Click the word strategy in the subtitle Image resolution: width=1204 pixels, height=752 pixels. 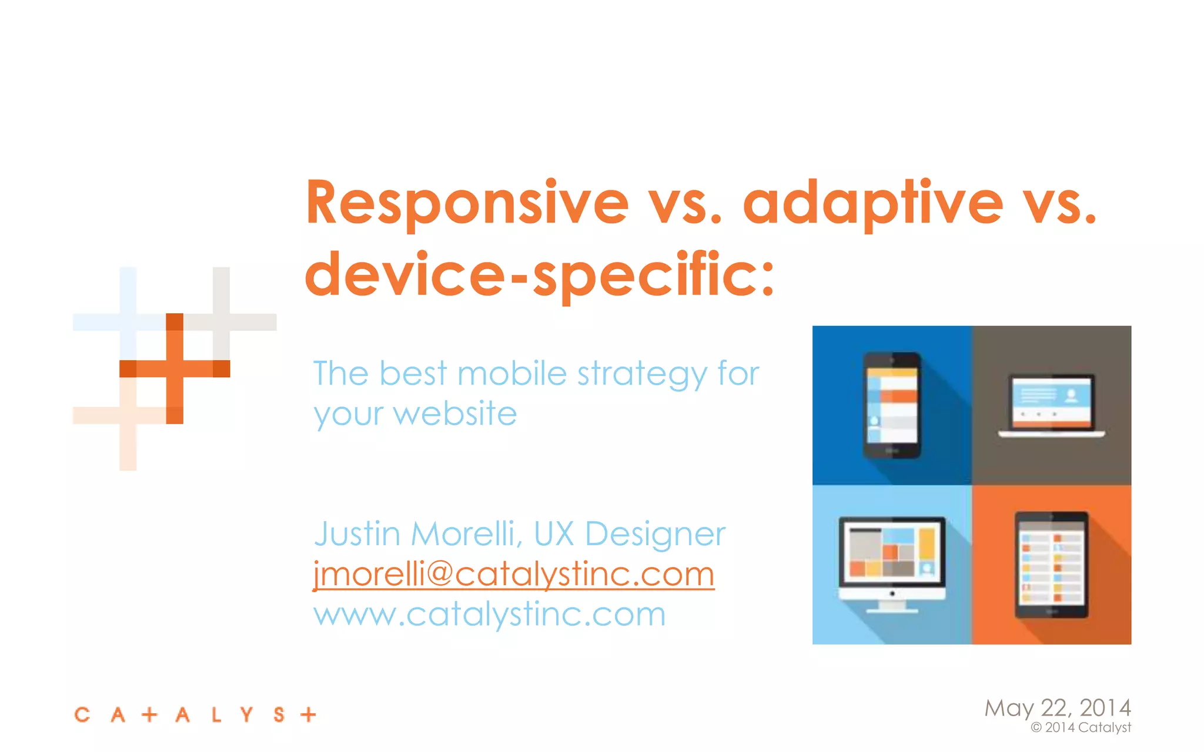[x=642, y=374]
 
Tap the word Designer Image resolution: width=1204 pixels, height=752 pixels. [x=655, y=534]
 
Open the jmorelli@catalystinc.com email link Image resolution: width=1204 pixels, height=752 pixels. [x=514, y=574]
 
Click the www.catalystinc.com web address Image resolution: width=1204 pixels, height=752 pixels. [x=489, y=615]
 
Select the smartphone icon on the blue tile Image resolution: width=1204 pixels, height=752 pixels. [x=892, y=405]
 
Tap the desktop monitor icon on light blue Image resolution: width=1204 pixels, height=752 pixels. [x=892, y=563]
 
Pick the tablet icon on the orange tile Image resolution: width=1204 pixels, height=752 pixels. [x=1051, y=565]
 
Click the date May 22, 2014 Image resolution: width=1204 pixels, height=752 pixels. [x=1057, y=707]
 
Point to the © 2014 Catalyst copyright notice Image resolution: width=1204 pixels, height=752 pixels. [x=1081, y=727]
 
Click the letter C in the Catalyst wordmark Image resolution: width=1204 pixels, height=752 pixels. [x=82, y=714]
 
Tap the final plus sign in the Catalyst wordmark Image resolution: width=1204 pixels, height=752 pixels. [x=308, y=714]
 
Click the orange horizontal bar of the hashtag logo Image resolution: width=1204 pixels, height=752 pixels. [x=175, y=368]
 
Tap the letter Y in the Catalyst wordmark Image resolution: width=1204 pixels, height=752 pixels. [x=247, y=714]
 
